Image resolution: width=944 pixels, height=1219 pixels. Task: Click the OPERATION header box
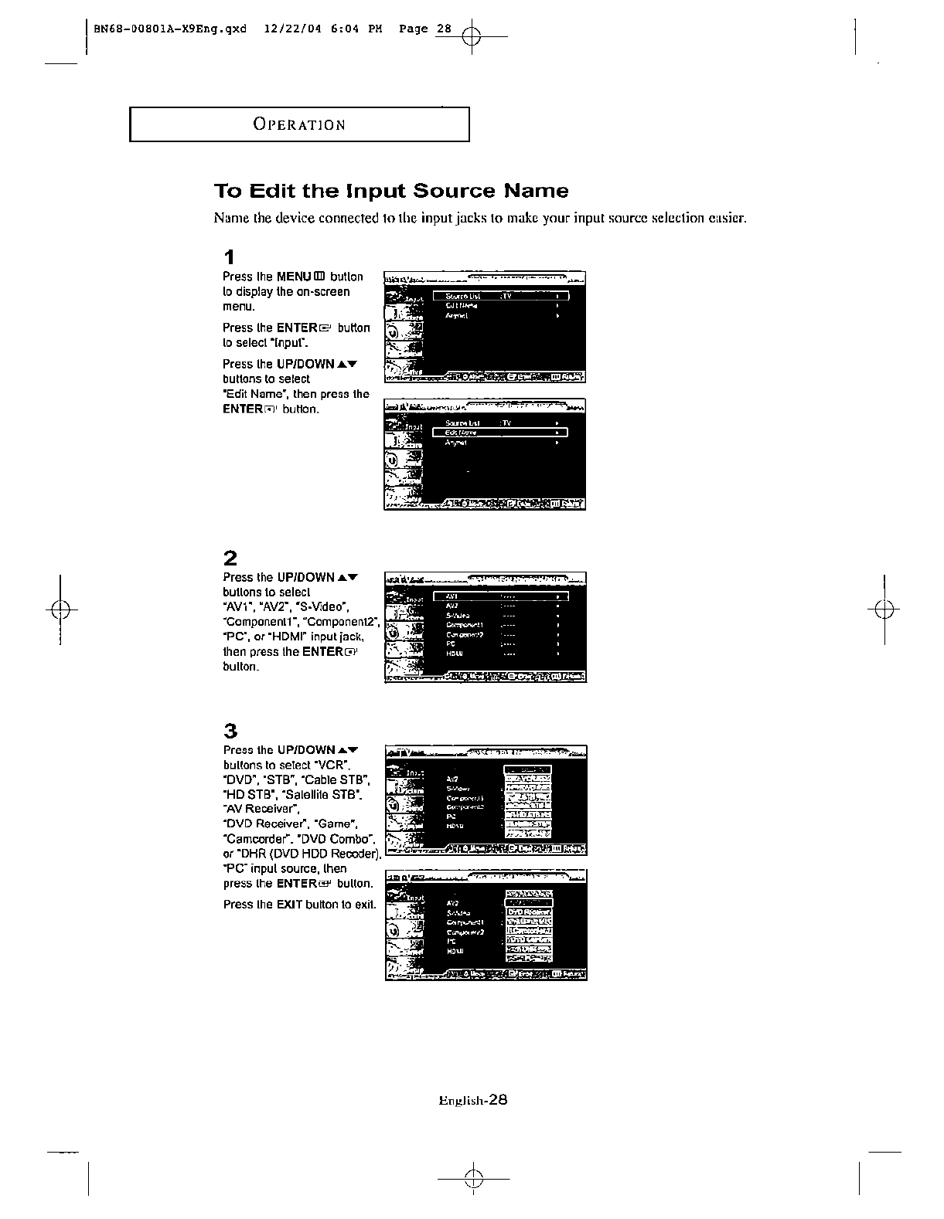(x=299, y=124)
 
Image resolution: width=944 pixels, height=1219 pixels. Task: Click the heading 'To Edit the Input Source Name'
(x=390, y=191)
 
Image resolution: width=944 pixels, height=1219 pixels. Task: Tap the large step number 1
(x=229, y=256)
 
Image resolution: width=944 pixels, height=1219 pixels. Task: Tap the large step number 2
(x=230, y=558)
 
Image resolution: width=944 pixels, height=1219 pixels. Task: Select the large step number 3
(x=230, y=731)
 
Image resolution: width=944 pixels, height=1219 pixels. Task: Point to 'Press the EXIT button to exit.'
(x=299, y=904)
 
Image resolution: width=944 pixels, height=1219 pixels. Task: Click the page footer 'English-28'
(x=472, y=1101)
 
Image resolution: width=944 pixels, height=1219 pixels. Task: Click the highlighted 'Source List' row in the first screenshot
(x=500, y=296)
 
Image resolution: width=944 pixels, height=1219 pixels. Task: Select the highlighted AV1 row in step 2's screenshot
(x=500, y=596)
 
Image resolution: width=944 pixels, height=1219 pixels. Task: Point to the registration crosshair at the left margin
(x=60, y=610)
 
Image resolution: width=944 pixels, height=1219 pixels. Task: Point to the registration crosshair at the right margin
(x=884, y=610)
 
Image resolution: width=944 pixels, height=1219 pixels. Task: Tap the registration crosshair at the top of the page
(x=472, y=36)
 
